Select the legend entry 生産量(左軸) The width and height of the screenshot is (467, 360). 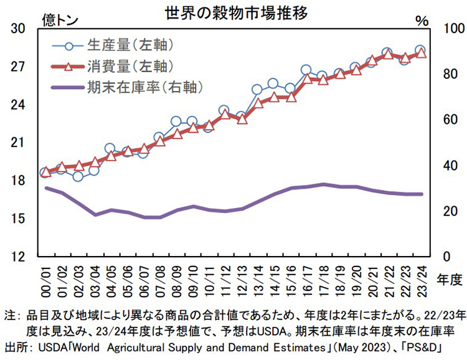(x=128, y=45)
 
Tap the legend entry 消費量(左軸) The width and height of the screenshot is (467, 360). (x=128, y=65)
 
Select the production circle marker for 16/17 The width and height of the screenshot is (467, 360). (x=306, y=70)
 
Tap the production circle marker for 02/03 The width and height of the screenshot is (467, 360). (x=78, y=176)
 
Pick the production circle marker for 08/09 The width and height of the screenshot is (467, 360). (x=176, y=121)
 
